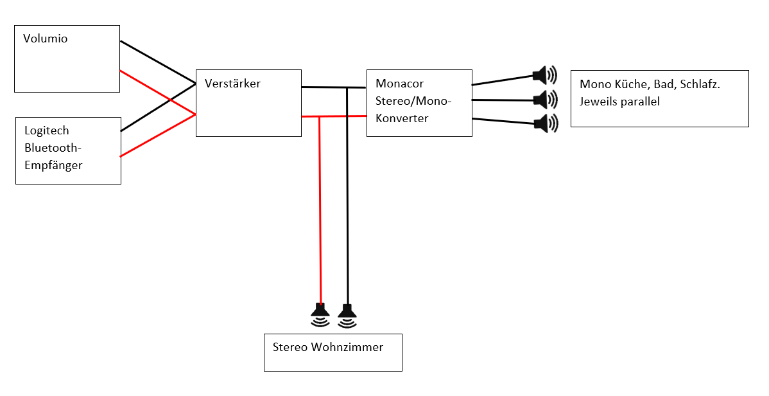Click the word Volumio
point(45,39)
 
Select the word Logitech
point(47,130)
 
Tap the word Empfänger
point(53,165)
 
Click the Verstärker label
point(232,84)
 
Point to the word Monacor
point(399,84)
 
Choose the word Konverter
point(402,118)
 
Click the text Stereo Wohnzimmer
point(327,348)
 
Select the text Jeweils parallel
point(619,102)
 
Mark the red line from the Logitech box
point(157,136)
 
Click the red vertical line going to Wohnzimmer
point(320,212)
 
